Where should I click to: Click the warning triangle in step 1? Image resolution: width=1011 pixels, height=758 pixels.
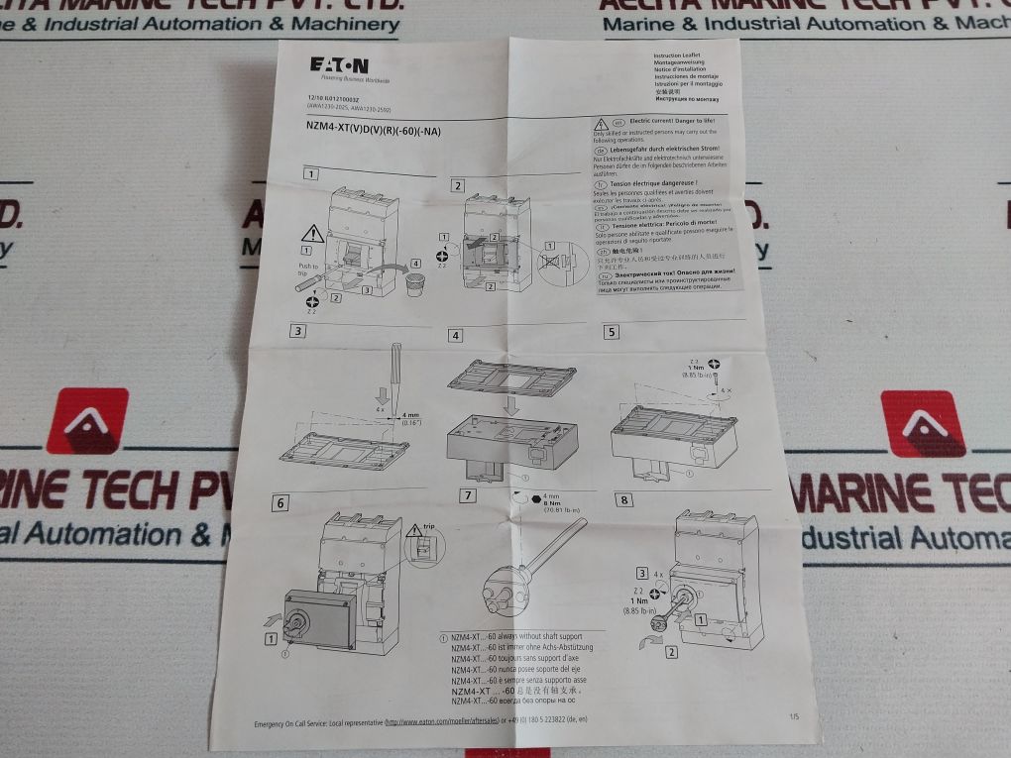pos(313,235)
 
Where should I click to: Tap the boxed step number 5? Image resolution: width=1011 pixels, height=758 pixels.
pos(611,333)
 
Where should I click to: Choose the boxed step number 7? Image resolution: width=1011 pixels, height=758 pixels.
pos(467,495)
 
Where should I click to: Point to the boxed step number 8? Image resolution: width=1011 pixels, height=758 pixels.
pos(624,499)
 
